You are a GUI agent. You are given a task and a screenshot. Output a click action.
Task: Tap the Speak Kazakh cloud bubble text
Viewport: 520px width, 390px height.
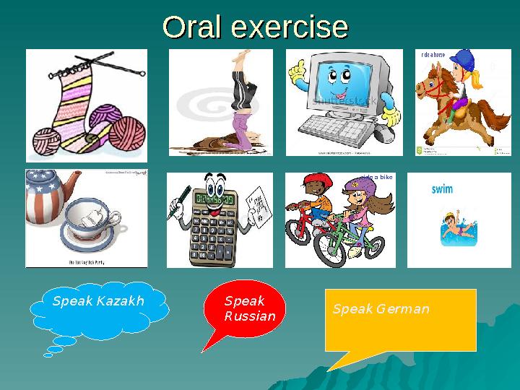pyautogui.click(x=98, y=301)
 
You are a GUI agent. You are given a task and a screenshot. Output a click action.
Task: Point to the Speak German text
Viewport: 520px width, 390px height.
pyautogui.click(x=381, y=309)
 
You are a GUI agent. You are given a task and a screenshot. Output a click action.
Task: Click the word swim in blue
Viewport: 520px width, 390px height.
pyautogui.click(x=442, y=189)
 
